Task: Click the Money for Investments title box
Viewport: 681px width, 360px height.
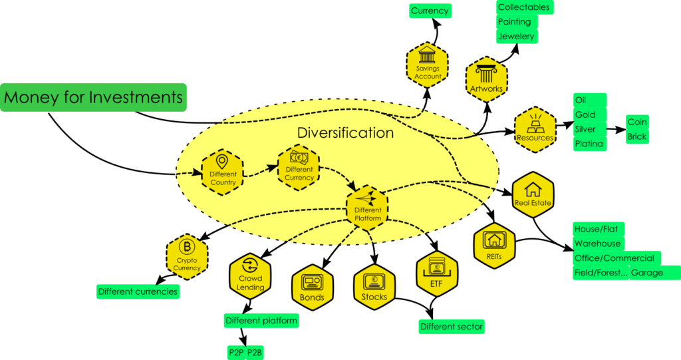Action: pos(94,98)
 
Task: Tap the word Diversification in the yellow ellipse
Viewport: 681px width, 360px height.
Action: pos(345,132)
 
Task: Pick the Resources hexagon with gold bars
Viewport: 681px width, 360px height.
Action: pos(535,129)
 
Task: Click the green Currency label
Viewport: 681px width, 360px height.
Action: pos(429,11)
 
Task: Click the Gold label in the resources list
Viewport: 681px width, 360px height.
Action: pos(585,114)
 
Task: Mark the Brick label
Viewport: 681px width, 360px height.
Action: pos(637,136)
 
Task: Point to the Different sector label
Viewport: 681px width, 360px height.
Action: pos(451,326)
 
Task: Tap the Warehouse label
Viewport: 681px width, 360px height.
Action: pos(597,244)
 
